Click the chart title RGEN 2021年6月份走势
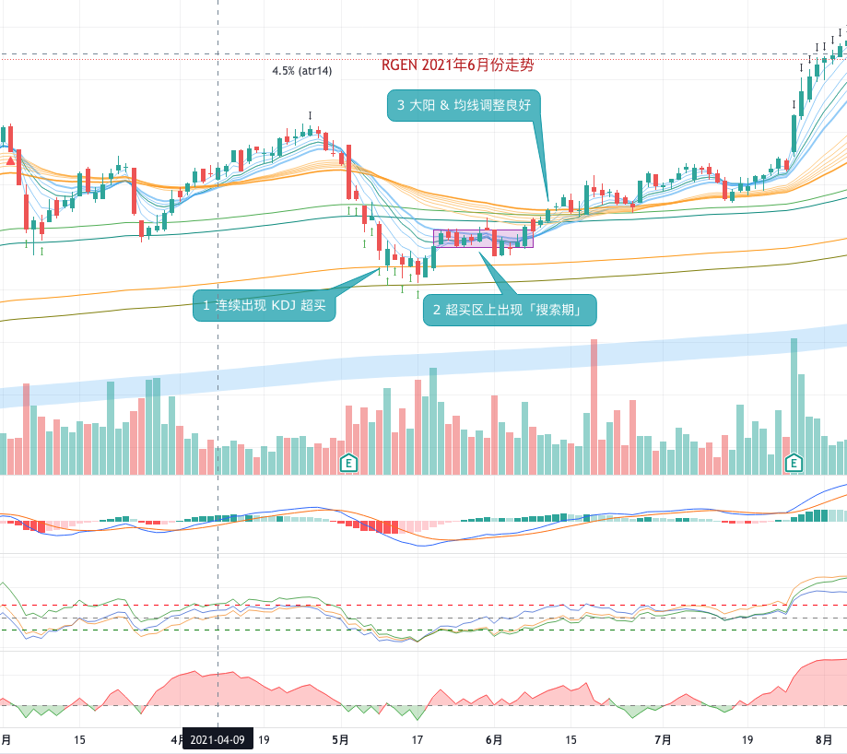pos(457,65)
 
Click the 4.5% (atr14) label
pos(302,70)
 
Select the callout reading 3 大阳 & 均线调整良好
pos(464,106)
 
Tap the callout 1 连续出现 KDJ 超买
pos(264,305)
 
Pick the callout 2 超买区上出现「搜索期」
pos(510,310)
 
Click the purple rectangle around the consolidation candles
pos(483,238)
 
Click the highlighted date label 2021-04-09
pos(218,739)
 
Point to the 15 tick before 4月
pos(79,739)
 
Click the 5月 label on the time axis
pos(341,739)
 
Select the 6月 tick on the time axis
pos(494,739)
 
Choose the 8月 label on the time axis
pos(827,739)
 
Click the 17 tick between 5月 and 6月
pos(418,739)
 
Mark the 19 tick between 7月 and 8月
pos(747,739)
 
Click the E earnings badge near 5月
pos(348,463)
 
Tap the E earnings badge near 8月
pos(793,463)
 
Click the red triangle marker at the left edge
pos(10,161)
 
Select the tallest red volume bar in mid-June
pos(593,406)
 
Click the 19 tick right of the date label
pos(264,739)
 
